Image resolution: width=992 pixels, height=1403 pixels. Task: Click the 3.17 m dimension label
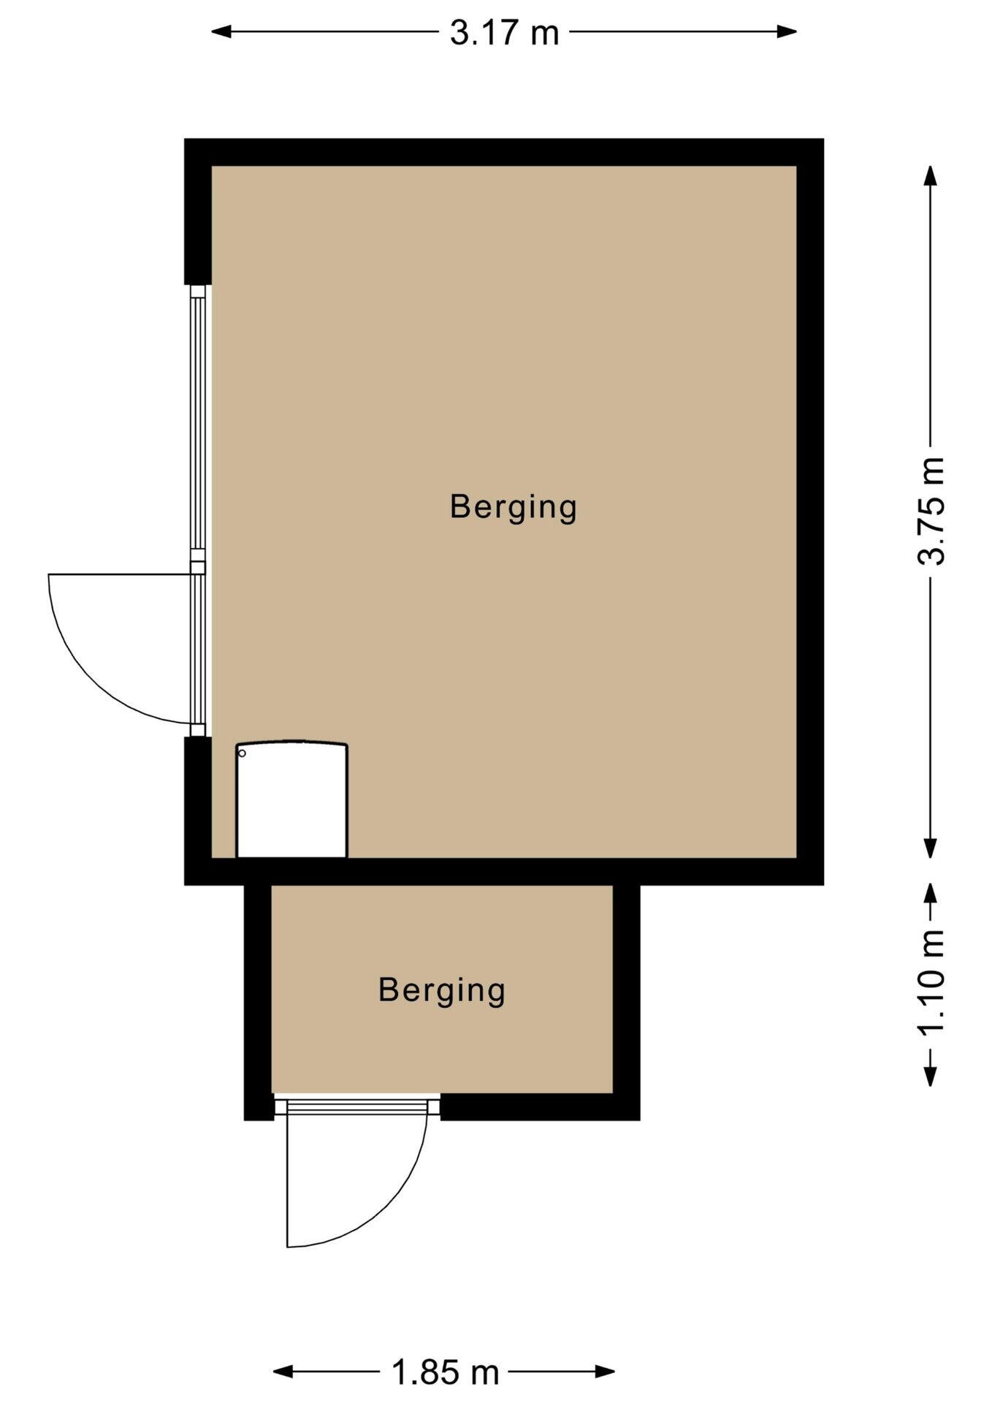(x=504, y=33)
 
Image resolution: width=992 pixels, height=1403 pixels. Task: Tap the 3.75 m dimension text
(x=931, y=512)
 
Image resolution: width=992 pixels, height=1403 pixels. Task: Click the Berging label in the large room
(x=514, y=508)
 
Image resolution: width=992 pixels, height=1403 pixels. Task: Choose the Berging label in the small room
(x=442, y=991)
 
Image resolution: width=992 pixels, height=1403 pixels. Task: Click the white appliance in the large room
(x=291, y=799)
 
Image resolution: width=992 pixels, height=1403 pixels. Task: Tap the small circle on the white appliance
(x=243, y=753)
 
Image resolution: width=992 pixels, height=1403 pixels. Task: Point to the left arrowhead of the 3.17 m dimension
(x=221, y=31)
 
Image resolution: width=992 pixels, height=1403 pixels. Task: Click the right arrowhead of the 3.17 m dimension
(x=787, y=31)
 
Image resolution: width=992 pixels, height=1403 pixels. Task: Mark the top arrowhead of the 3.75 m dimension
(x=930, y=176)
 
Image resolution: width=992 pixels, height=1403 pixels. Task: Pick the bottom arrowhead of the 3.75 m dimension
(x=930, y=848)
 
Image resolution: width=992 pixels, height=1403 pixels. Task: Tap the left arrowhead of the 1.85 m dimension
(x=283, y=1372)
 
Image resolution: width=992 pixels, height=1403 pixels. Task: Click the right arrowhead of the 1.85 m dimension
(x=604, y=1372)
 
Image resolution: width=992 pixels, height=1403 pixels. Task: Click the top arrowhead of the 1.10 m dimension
(x=930, y=895)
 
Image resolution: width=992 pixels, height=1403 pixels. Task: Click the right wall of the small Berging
(x=626, y=1002)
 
